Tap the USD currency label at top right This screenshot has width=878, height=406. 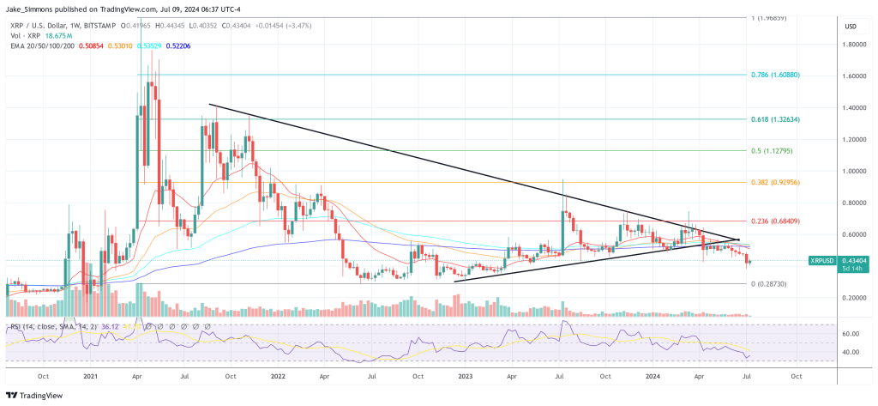tap(851, 27)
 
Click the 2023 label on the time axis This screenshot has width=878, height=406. tap(464, 375)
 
